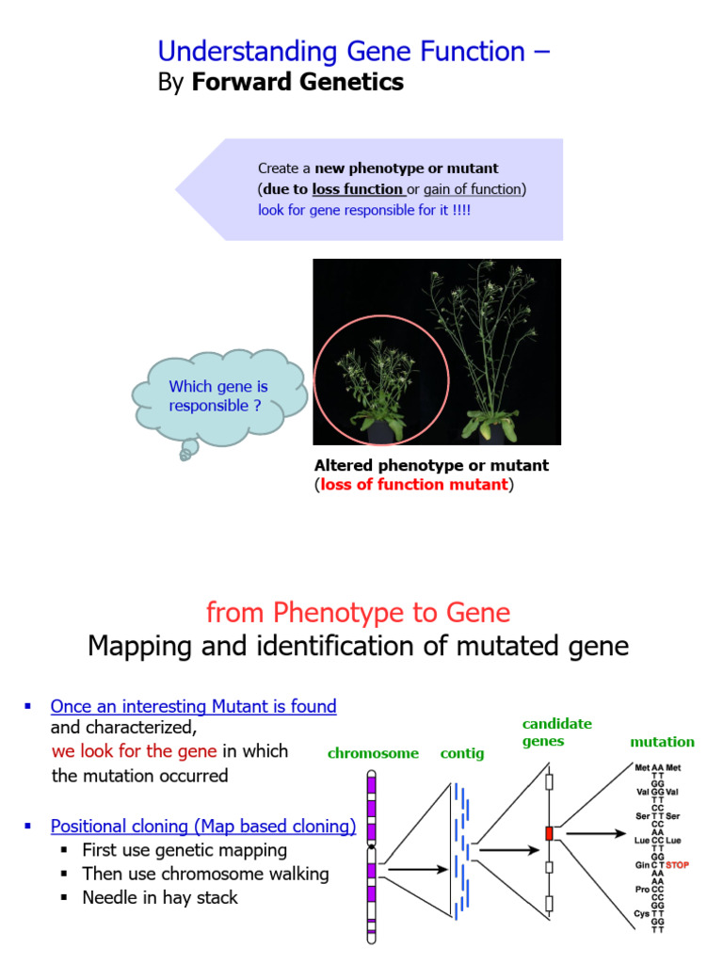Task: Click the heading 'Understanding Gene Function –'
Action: (353, 52)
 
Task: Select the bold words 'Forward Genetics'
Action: (297, 83)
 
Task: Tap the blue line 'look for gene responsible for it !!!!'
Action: (363, 210)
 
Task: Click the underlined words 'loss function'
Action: (357, 189)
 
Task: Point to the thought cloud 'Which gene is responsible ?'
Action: (218, 396)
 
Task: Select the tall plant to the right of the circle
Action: (490, 358)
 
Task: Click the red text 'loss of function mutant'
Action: (414, 485)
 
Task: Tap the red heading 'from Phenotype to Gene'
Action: (358, 613)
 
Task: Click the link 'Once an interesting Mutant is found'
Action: (193, 706)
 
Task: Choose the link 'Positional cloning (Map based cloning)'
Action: (203, 827)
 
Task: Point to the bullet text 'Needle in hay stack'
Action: (160, 897)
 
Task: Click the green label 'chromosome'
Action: (373, 754)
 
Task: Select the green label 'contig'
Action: (462, 754)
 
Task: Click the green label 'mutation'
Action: (662, 742)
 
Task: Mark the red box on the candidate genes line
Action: (549, 833)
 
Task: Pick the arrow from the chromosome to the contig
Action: (416, 870)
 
